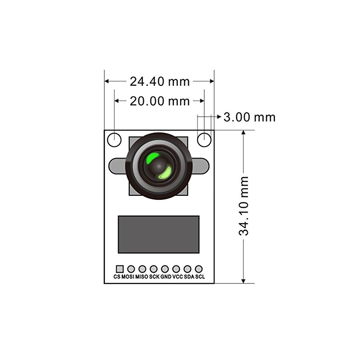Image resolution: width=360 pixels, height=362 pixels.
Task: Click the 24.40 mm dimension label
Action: (x=159, y=82)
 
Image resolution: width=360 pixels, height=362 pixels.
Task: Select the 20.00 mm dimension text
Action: (x=159, y=101)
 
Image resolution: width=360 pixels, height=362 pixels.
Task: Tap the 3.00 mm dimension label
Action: (x=249, y=118)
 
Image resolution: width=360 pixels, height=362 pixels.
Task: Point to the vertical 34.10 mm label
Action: (x=244, y=206)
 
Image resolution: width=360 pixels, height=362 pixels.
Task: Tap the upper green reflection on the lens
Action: (x=153, y=158)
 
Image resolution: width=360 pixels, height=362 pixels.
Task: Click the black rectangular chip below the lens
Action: (x=158, y=234)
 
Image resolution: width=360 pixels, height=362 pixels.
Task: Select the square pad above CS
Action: (x=119, y=269)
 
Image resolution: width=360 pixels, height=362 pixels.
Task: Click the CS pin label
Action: (x=117, y=277)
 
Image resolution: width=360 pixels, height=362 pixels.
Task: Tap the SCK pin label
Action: (x=154, y=277)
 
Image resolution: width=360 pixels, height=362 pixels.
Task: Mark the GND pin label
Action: (x=166, y=277)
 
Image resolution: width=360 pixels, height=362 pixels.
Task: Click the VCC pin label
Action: (x=178, y=277)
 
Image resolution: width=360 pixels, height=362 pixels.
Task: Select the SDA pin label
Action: (x=189, y=277)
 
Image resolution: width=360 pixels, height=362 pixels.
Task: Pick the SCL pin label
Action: (x=200, y=277)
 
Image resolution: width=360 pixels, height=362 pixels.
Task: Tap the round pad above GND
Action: (x=165, y=269)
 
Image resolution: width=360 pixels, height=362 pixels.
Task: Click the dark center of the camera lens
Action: (x=158, y=168)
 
